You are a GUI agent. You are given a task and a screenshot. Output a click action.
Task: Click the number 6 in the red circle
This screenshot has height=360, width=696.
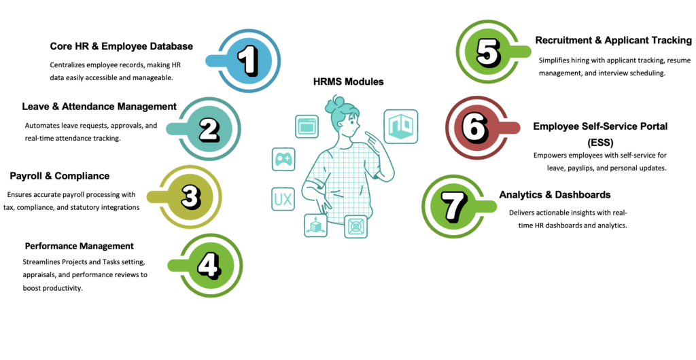(476, 126)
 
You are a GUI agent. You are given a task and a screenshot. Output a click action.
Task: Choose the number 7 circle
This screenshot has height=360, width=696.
(453, 204)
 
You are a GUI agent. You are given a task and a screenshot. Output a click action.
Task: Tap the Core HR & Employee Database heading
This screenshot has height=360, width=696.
(122, 46)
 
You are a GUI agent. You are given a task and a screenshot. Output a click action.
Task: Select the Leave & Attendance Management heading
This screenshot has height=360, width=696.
(99, 107)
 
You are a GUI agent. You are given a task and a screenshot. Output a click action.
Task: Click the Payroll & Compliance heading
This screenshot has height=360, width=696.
(59, 176)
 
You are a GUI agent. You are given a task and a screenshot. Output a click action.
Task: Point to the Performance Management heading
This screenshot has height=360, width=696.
(79, 246)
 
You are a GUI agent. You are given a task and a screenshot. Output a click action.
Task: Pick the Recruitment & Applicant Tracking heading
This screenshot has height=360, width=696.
(613, 40)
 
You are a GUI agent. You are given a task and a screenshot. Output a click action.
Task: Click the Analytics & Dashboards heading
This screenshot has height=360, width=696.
(555, 194)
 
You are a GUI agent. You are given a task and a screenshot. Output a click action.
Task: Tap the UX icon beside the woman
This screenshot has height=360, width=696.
(283, 199)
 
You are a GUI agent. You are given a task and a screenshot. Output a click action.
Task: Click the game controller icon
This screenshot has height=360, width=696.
(283, 159)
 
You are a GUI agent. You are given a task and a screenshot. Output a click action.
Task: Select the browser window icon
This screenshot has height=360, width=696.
(307, 127)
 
